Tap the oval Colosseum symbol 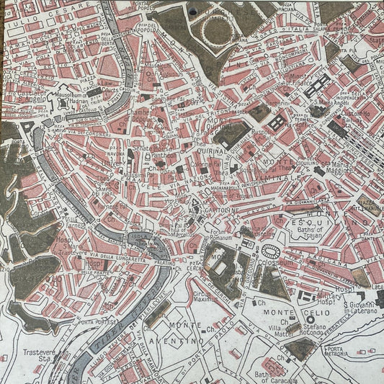click(272, 251)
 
